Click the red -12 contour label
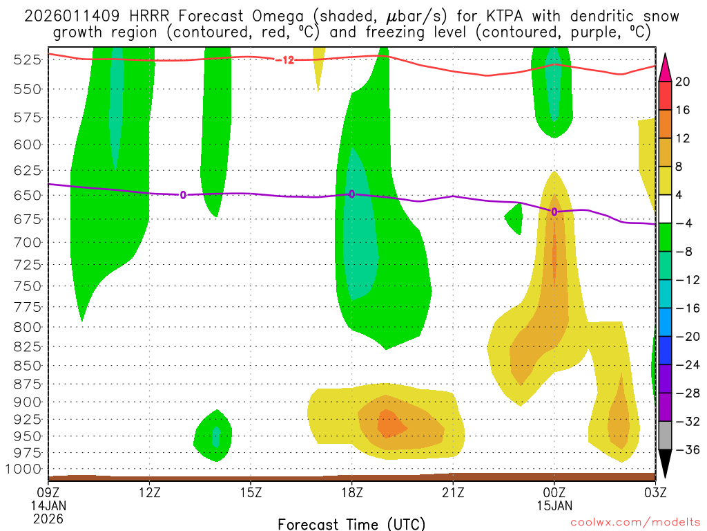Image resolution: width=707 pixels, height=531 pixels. pyautogui.click(x=284, y=60)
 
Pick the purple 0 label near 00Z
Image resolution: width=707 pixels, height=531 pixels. pyautogui.click(x=554, y=212)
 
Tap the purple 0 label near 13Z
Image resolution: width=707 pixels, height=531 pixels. pyautogui.click(x=183, y=195)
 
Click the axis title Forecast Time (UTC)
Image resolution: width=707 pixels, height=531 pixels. pyautogui.click(x=351, y=523)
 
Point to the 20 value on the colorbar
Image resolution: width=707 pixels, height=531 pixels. pyautogui.click(x=683, y=82)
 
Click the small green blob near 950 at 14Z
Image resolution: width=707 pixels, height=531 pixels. pyautogui.click(x=213, y=436)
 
